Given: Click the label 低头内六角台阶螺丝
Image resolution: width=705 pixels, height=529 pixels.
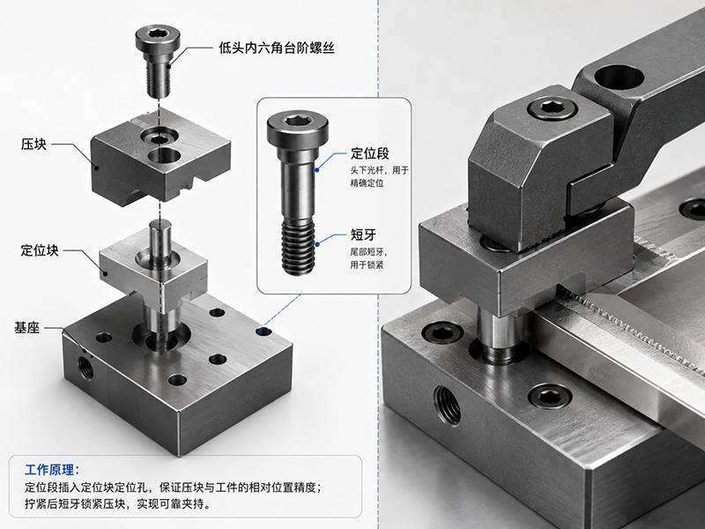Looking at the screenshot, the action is tap(277, 48).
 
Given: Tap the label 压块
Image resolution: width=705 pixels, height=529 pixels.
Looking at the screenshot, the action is tap(33, 145).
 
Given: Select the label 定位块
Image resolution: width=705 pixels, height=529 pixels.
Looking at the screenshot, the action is tap(40, 250).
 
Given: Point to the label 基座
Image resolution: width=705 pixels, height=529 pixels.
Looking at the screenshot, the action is tap(27, 327).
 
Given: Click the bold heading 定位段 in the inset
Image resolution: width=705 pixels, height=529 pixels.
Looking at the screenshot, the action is tap(369, 153).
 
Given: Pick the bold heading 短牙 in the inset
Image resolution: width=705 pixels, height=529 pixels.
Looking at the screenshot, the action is tap(363, 235).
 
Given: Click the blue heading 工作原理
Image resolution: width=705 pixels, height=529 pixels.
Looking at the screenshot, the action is tap(52, 470).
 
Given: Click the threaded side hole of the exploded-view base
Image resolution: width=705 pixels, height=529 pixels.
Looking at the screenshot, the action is tap(85, 366).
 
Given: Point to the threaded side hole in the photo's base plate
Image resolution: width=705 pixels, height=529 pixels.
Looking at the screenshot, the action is tap(447, 405).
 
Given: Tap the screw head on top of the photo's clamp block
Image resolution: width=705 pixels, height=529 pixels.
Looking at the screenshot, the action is tap(553, 108).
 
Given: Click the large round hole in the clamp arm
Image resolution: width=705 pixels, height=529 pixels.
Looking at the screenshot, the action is tap(620, 77).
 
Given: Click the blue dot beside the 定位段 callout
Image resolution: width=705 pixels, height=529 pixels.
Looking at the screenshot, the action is tap(317, 170).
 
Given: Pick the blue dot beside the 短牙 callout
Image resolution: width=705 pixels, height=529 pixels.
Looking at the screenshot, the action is tap(317, 244).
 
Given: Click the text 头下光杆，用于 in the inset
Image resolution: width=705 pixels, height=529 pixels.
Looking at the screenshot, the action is tap(380, 170).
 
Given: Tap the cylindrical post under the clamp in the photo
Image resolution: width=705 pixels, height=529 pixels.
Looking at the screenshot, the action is tap(499, 335).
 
